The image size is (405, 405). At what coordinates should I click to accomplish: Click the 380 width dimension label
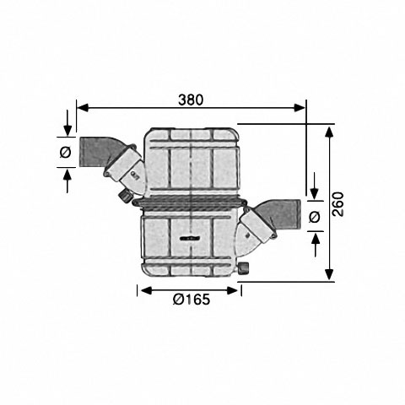[x=191, y=100]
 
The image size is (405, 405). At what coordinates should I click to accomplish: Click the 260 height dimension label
[x=337, y=204]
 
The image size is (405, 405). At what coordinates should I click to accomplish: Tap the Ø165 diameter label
[x=192, y=300]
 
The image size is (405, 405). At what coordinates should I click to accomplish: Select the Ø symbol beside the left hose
[x=66, y=153]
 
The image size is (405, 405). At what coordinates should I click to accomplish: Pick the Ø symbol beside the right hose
[x=315, y=217]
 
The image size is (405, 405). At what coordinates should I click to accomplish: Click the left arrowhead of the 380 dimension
[x=83, y=107]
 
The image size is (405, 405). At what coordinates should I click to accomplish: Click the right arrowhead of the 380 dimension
[x=300, y=107]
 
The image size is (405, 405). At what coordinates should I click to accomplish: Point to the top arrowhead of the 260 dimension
[x=329, y=132]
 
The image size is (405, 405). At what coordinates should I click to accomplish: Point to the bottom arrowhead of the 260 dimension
[x=329, y=274]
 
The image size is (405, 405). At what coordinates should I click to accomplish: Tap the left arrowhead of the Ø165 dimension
[x=146, y=290]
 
